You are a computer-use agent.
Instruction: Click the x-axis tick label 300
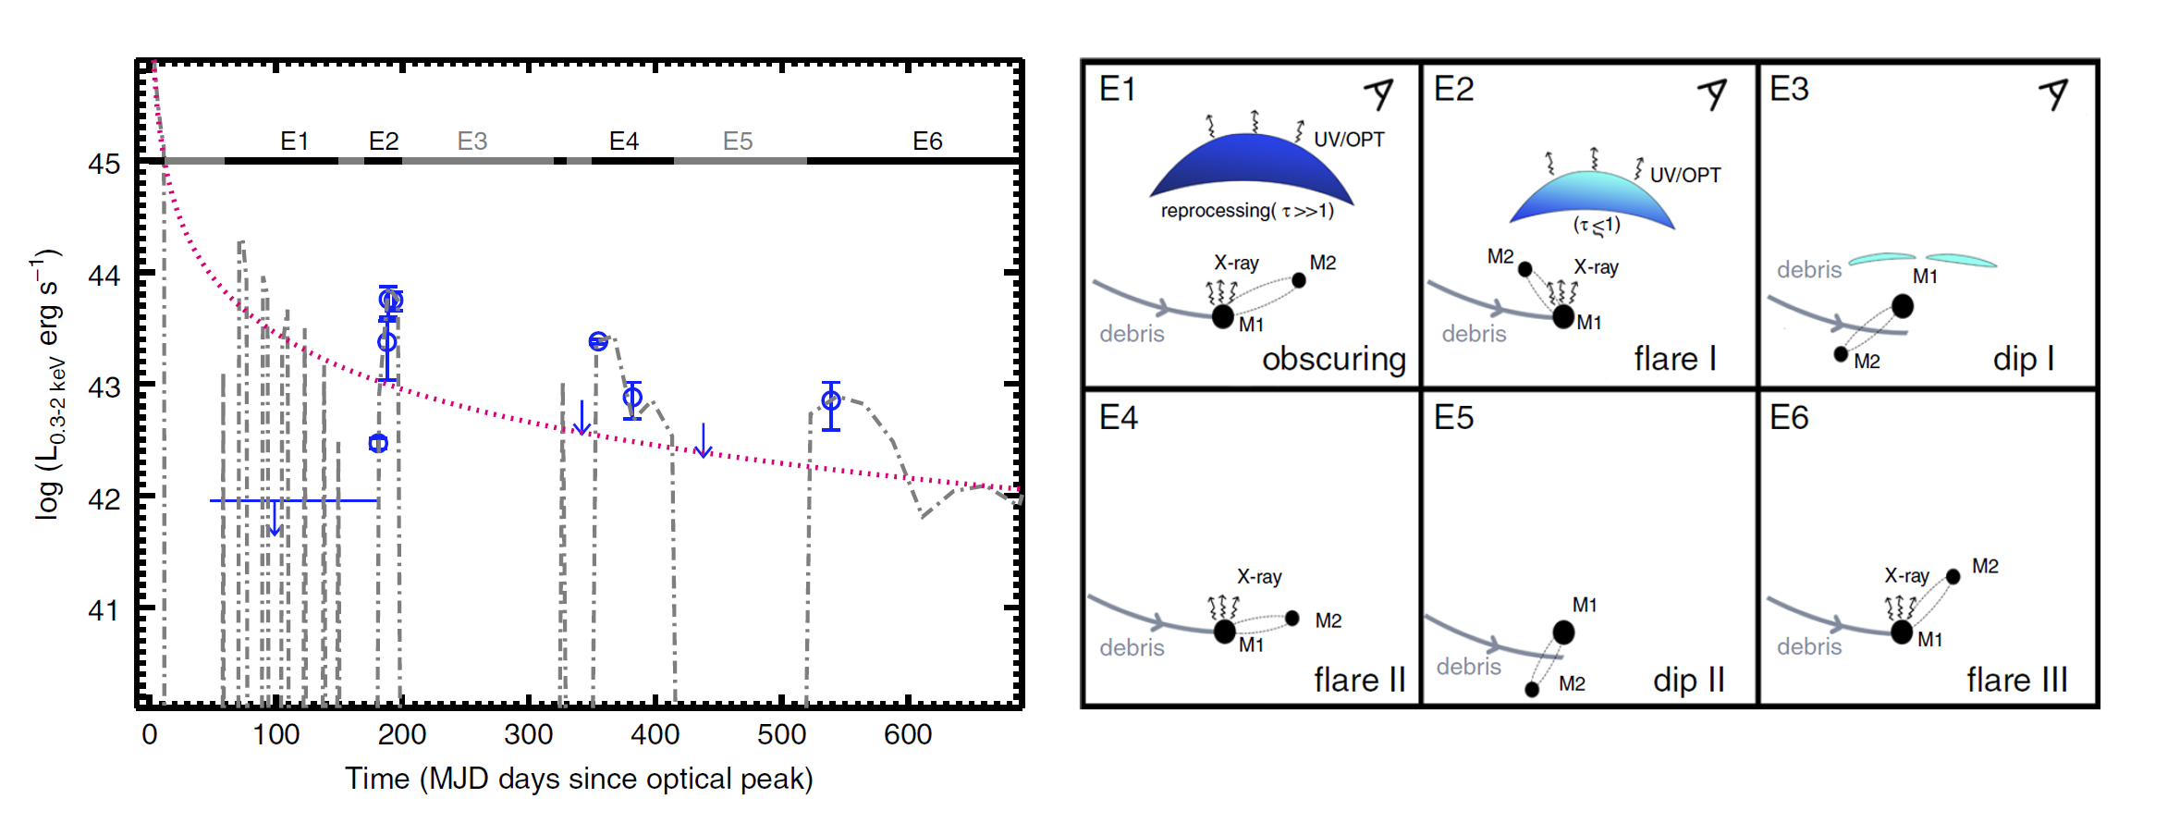[x=528, y=735]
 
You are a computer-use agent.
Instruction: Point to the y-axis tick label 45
[x=104, y=165]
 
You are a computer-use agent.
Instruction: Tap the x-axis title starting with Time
[x=579, y=779]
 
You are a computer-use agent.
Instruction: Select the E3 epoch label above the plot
[x=471, y=141]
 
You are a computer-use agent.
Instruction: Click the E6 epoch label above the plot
[x=926, y=141]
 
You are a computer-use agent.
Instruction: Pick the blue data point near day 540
[x=831, y=400]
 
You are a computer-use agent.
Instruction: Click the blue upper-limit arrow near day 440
[x=704, y=442]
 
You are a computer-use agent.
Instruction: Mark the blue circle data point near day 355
[x=598, y=341]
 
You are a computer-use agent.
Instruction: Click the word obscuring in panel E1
[x=1333, y=359]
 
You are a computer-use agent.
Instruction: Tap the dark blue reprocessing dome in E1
[x=1250, y=166]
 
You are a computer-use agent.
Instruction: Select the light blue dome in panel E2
[x=1592, y=197]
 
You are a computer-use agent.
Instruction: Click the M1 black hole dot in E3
[x=1902, y=306]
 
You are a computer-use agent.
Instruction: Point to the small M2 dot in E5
[x=1532, y=689]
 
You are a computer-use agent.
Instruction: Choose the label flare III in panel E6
[x=2016, y=681]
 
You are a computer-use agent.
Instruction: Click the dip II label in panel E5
[x=1688, y=681]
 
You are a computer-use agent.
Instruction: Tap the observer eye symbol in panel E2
[x=1713, y=93]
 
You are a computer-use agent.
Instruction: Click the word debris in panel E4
[x=1132, y=647]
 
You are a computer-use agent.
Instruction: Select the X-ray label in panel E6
[x=1906, y=576]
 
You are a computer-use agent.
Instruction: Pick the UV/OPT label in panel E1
[x=1349, y=140]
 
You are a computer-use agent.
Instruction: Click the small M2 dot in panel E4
[x=1292, y=618]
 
